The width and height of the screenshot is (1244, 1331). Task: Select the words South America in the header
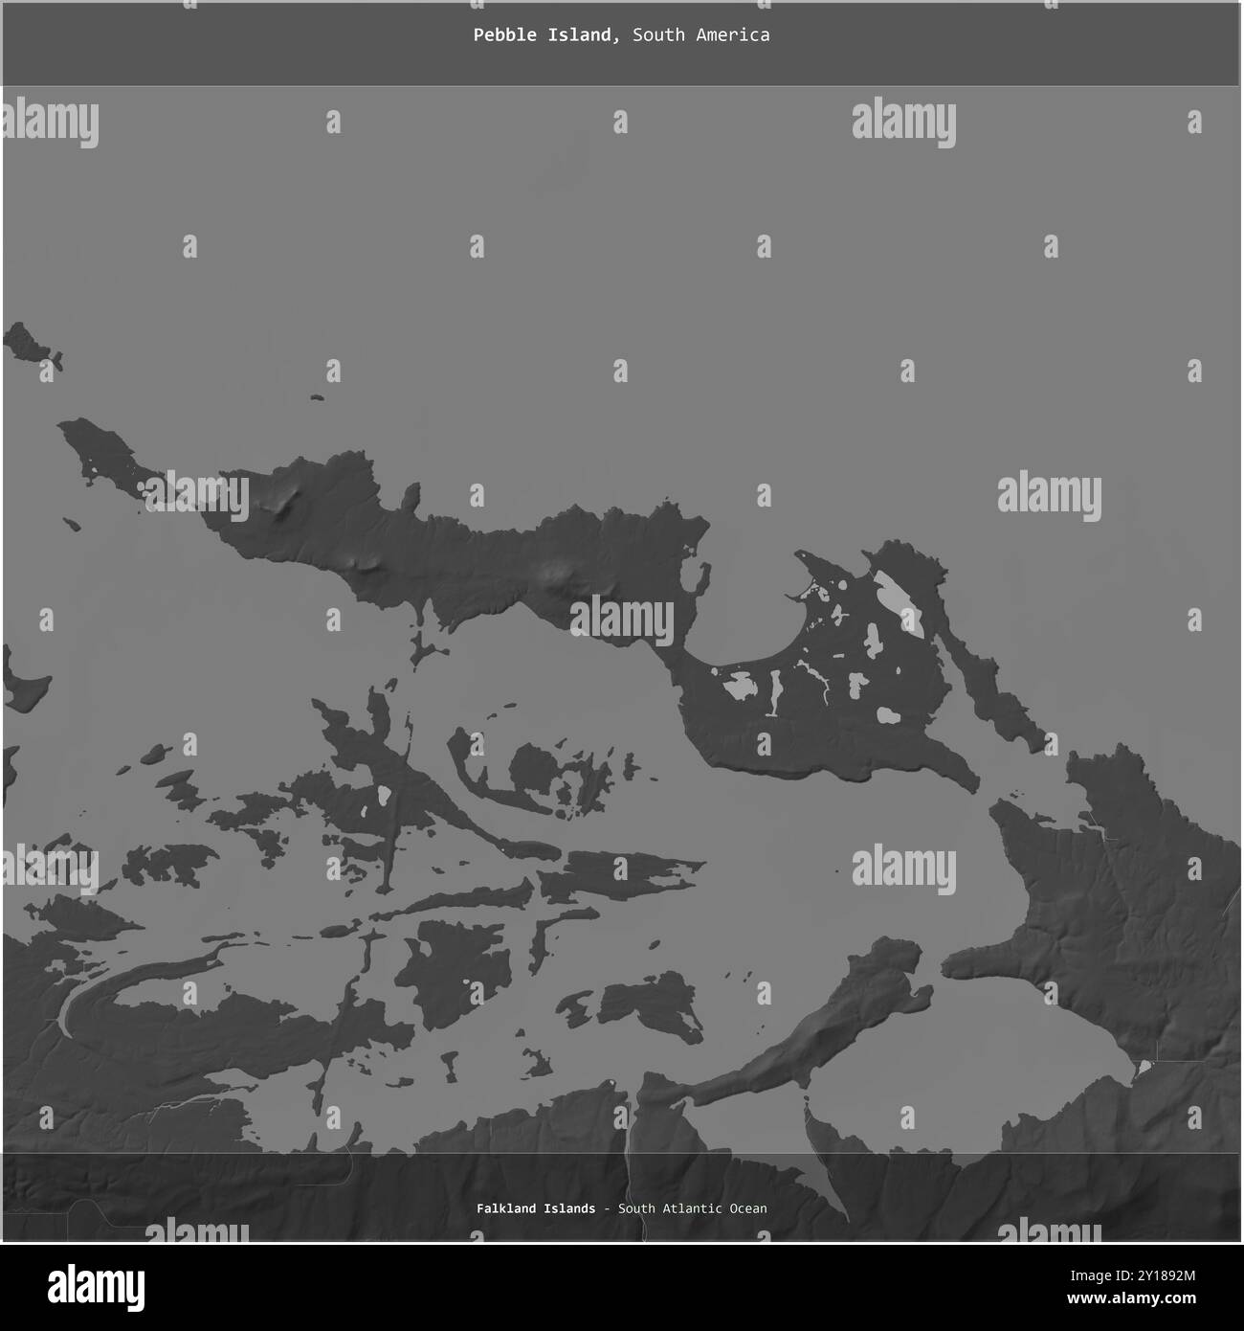click(700, 35)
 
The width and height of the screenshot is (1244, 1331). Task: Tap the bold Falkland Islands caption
click(535, 1208)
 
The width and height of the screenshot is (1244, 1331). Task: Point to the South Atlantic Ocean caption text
click(692, 1208)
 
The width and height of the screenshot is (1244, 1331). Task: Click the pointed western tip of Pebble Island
click(65, 424)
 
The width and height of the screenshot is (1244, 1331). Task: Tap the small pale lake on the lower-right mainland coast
click(1143, 1067)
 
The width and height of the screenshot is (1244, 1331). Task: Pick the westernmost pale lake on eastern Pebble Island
click(740, 686)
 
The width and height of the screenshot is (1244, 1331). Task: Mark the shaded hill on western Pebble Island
click(283, 503)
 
